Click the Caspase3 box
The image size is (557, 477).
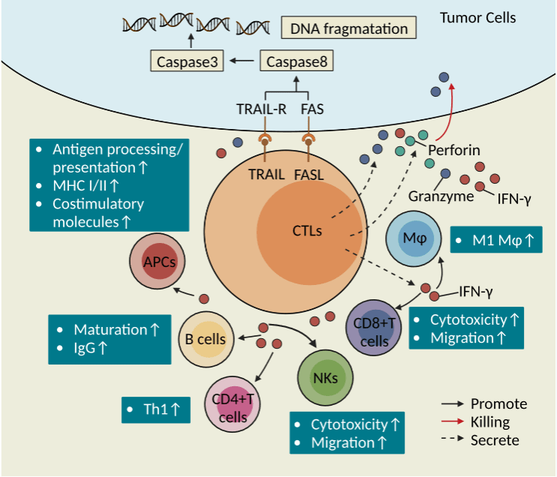coord(187,61)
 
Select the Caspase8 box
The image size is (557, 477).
coord(297,61)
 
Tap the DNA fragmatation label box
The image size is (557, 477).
coord(348,27)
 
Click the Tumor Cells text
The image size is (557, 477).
coord(477,17)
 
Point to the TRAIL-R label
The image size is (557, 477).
coord(261,109)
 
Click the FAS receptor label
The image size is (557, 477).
coord(312,109)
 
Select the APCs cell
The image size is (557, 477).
coord(158,261)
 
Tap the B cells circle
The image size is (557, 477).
coord(206,340)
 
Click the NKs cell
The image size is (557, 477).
coord(325,378)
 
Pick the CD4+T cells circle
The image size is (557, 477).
coord(233,404)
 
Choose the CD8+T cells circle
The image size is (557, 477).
coord(374,328)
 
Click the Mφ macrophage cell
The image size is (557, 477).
coord(414,238)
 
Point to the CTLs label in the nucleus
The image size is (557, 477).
coord(307,231)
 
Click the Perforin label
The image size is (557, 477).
coord(454,150)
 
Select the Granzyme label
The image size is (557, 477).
coord(441,196)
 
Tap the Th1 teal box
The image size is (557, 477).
coord(156,409)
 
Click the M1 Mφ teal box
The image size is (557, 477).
coord(496,239)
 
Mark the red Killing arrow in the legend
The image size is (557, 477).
coord(453,421)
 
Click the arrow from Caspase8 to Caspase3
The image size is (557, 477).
coord(242,61)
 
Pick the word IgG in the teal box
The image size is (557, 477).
coord(85,348)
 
